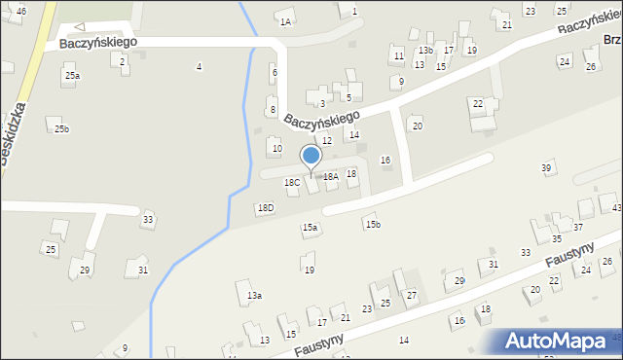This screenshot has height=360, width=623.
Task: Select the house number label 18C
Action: (x=292, y=183)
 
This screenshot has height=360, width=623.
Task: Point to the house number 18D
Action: (x=265, y=208)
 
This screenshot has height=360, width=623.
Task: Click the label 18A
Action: (x=331, y=177)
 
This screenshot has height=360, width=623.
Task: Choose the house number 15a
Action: (x=310, y=228)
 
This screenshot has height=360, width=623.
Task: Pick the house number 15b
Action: (x=372, y=225)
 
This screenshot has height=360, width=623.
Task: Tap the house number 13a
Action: (x=254, y=295)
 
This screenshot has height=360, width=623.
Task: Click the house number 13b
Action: (x=425, y=50)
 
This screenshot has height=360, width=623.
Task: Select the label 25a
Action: (x=72, y=76)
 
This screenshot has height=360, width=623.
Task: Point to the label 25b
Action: (x=61, y=129)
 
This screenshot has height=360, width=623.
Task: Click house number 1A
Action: (x=285, y=21)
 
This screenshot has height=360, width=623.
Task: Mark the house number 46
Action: (x=21, y=10)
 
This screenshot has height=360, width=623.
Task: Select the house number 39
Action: (x=546, y=168)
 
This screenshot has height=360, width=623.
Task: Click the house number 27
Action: (x=412, y=295)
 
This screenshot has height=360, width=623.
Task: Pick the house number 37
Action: (x=577, y=228)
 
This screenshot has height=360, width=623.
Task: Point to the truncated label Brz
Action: (x=612, y=40)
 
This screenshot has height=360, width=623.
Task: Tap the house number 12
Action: (x=327, y=141)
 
